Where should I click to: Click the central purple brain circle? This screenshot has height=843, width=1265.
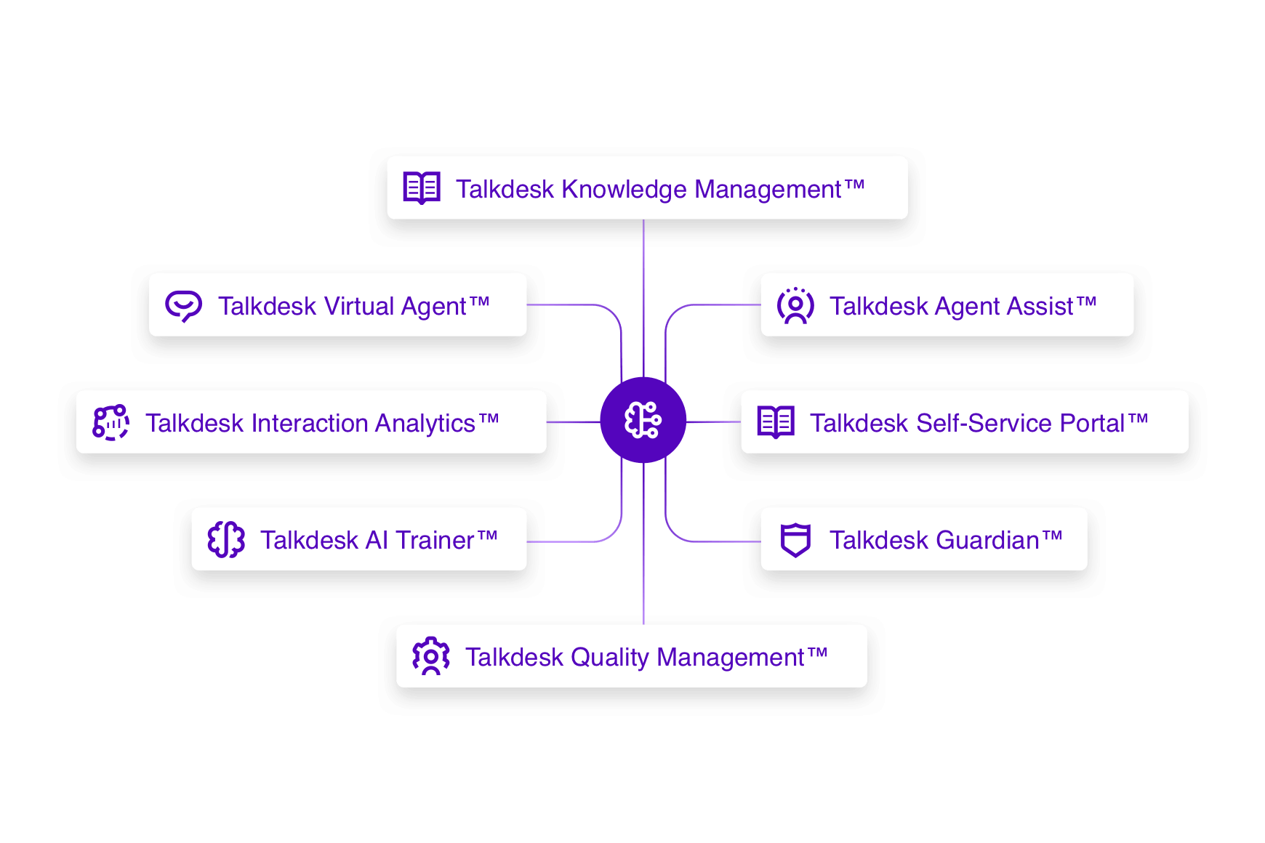pos(643,420)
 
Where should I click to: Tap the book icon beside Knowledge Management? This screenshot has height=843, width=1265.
pos(422,188)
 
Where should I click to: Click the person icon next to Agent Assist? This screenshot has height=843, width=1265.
pos(795,305)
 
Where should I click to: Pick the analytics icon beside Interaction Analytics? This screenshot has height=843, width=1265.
pos(111,422)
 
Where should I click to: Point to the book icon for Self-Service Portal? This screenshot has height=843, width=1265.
pos(776,422)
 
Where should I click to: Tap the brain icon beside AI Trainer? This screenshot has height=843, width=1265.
pos(226,539)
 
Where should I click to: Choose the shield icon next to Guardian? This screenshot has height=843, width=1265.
pos(795,539)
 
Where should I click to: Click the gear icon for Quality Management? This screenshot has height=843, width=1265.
pos(431,656)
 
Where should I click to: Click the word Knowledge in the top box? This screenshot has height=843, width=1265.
pos(624,190)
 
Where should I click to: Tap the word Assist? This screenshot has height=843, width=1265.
pos(1040,307)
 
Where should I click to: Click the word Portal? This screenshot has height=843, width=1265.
pos(1092,424)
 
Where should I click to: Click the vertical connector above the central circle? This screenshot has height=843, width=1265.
pos(643,298)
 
